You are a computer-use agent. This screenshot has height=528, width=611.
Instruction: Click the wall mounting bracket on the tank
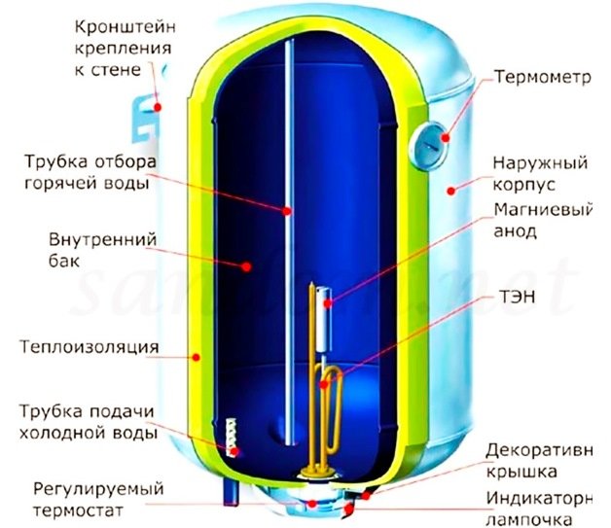point(146,113)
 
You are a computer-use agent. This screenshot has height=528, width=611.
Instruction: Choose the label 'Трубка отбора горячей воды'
point(90,170)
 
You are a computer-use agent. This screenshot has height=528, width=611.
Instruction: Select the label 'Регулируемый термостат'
point(90,497)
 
